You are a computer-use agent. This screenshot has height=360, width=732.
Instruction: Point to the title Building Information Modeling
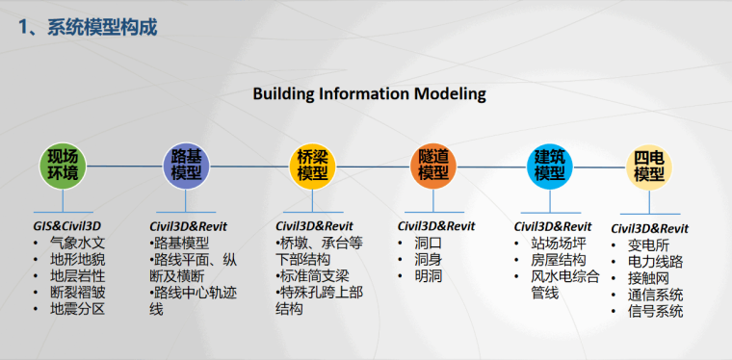(x=369, y=93)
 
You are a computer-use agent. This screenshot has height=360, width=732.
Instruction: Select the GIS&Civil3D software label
(x=68, y=225)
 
